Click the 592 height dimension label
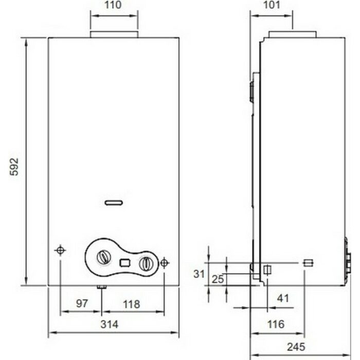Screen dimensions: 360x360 coord(14,167)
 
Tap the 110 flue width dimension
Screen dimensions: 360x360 coord(113,5)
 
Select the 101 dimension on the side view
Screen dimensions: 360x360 coord(272,5)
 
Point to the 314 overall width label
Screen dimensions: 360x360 coord(110,324)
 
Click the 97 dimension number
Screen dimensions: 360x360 coord(82,303)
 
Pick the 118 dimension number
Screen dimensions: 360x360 coord(131,304)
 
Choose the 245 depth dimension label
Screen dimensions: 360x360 coord(296,347)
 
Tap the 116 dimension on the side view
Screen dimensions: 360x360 coord(276,324)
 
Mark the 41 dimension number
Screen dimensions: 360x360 coord(283,298)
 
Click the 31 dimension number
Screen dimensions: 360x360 coord(199,274)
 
